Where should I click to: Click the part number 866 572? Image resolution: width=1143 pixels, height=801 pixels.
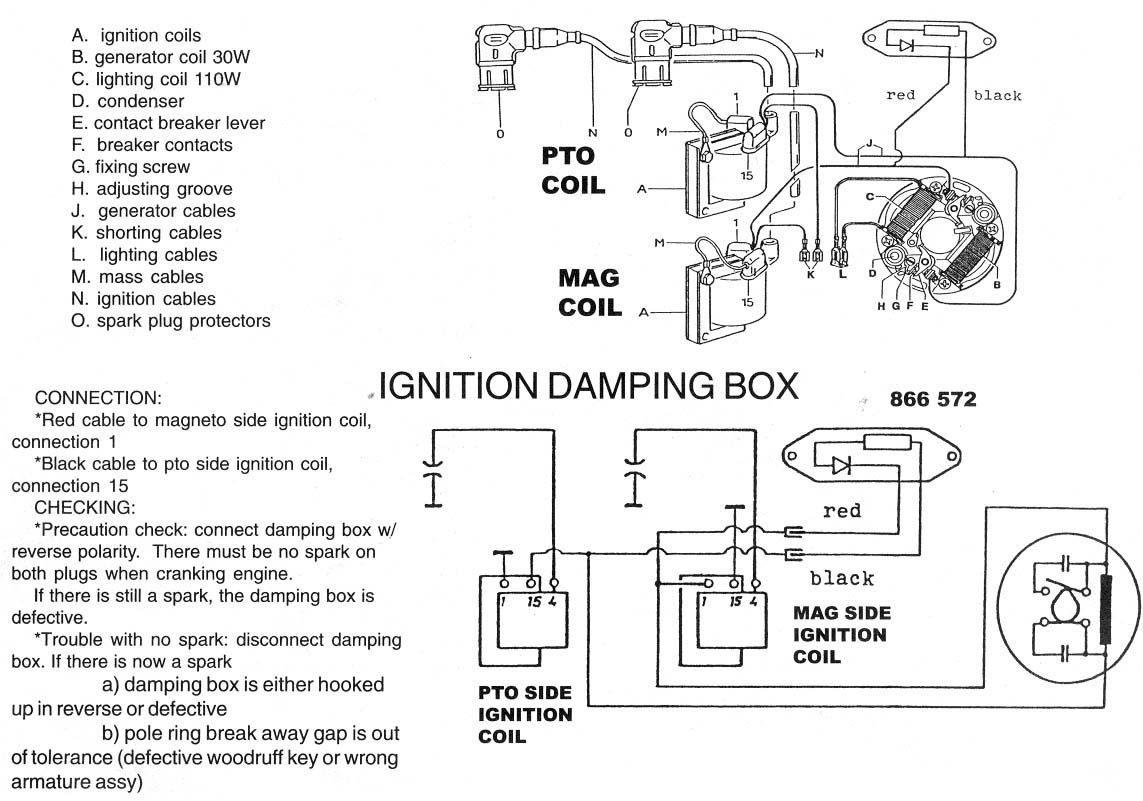[x=932, y=399]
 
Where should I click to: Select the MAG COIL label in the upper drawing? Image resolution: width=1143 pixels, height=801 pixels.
[x=589, y=292]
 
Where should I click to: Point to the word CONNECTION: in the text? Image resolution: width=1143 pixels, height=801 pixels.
[x=98, y=397]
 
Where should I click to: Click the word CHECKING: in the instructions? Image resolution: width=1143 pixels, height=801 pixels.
[x=85, y=507]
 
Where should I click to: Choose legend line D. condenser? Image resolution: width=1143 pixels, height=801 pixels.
[x=128, y=101]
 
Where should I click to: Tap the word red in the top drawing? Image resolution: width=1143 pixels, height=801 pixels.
[x=900, y=95]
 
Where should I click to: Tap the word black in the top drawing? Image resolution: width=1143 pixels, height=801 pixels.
[x=997, y=96]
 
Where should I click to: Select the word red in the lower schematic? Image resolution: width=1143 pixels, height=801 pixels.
[x=841, y=511]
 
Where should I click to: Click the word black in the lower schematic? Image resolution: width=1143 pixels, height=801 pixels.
[x=841, y=578]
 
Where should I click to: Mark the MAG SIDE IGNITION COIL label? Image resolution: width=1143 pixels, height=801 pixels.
[x=840, y=634]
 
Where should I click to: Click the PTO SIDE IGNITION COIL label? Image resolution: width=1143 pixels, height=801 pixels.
[x=525, y=714]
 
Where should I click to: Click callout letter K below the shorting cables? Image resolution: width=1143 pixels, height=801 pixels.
[x=810, y=273]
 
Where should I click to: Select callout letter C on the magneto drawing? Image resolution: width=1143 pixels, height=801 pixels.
[x=870, y=195]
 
